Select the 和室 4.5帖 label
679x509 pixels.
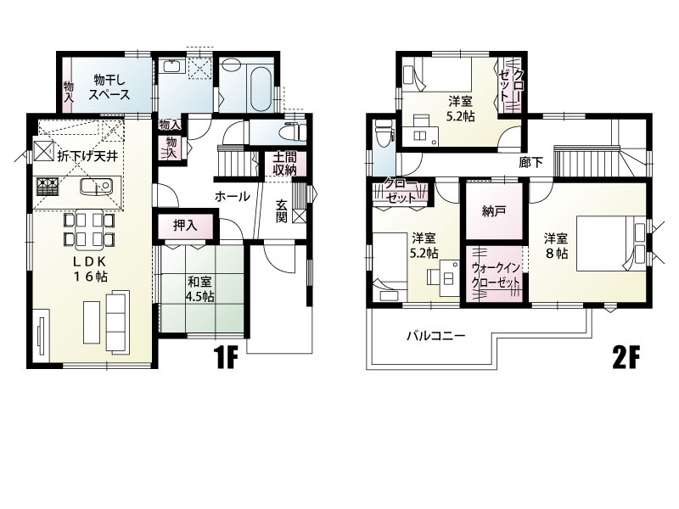(200, 289)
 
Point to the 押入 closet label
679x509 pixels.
(184, 227)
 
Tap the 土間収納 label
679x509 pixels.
(284, 164)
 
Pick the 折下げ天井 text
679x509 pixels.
(87, 157)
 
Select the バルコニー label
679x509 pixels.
(435, 335)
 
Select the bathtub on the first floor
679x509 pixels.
(257, 85)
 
